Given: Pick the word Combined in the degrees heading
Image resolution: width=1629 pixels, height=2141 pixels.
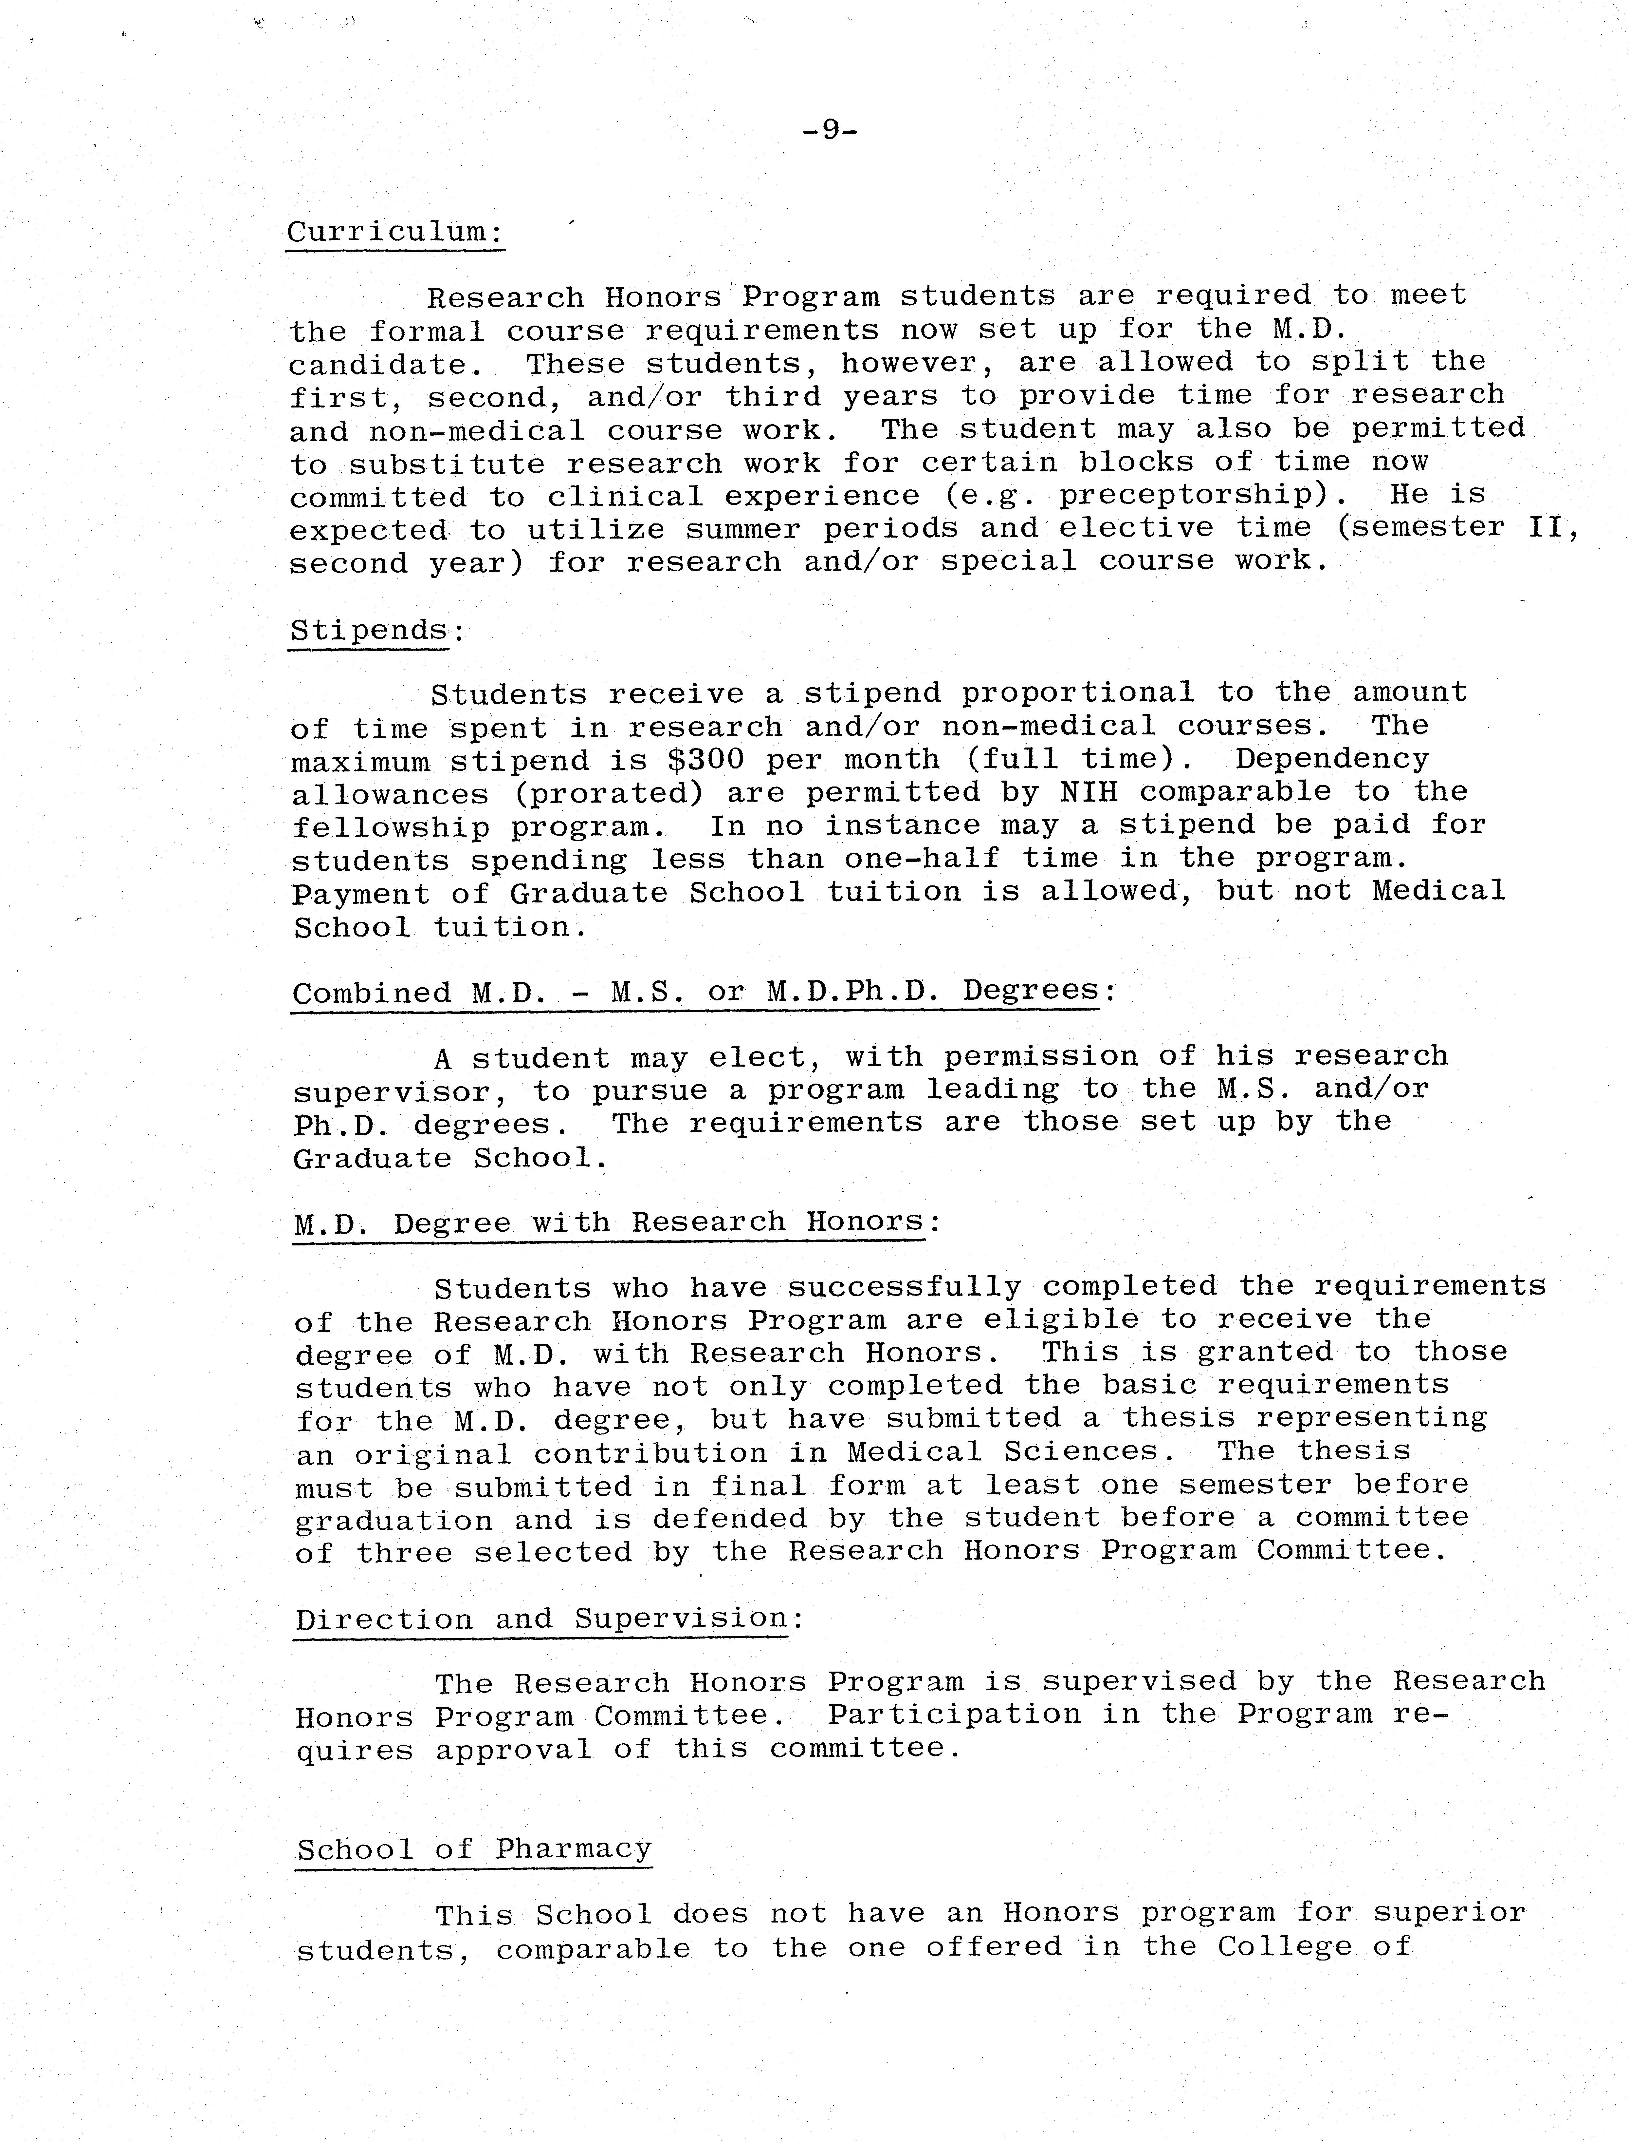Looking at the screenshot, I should [x=371, y=994].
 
